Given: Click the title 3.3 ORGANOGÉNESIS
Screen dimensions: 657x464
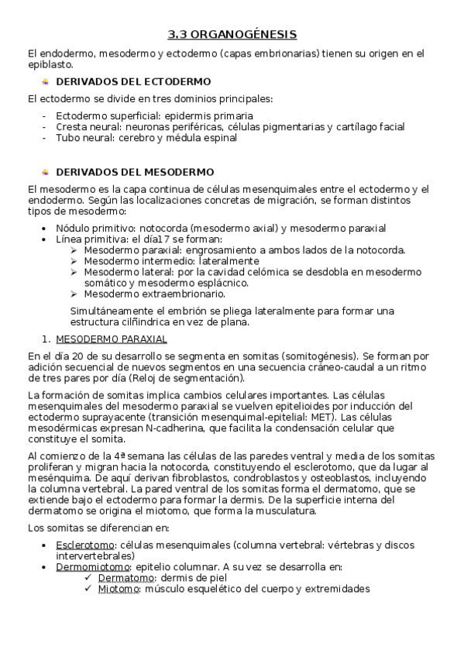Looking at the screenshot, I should click(232, 35).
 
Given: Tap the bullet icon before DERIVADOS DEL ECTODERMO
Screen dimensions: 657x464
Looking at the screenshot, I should click(46, 81).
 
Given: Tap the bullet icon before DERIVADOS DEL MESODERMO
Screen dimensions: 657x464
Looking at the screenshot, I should click(46, 171).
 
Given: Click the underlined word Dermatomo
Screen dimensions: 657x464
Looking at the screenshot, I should click(124, 577).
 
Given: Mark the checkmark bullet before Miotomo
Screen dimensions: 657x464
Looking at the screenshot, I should click(89, 588).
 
